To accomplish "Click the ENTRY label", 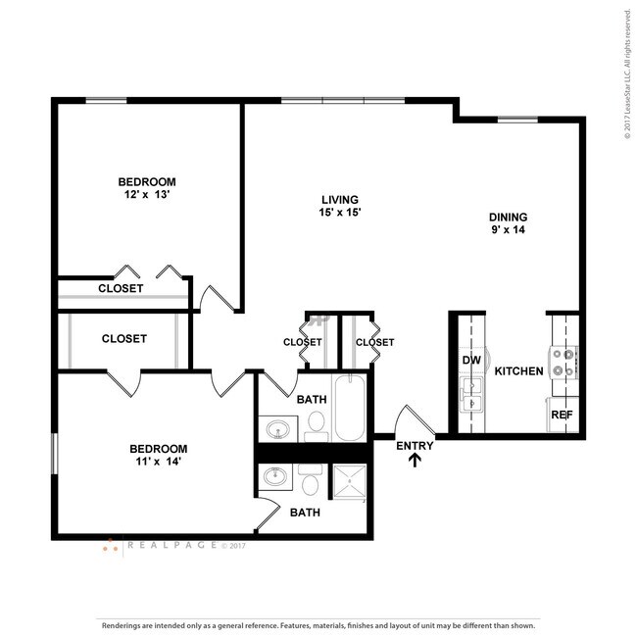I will click(x=415, y=446).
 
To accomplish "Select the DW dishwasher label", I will click(x=471, y=360).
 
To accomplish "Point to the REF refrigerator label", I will click(x=562, y=415).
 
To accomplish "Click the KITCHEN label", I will click(x=518, y=371).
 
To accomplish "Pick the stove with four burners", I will click(x=565, y=363).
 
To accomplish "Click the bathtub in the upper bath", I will click(x=350, y=408).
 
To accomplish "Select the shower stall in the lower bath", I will click(x=349, y=483).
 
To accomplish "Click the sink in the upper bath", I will click(x=278, y=428).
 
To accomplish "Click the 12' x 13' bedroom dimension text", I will click(x=147, y=195).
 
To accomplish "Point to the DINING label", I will click(x=509, y=218).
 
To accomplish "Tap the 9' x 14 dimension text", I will click(x=509, y=231).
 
